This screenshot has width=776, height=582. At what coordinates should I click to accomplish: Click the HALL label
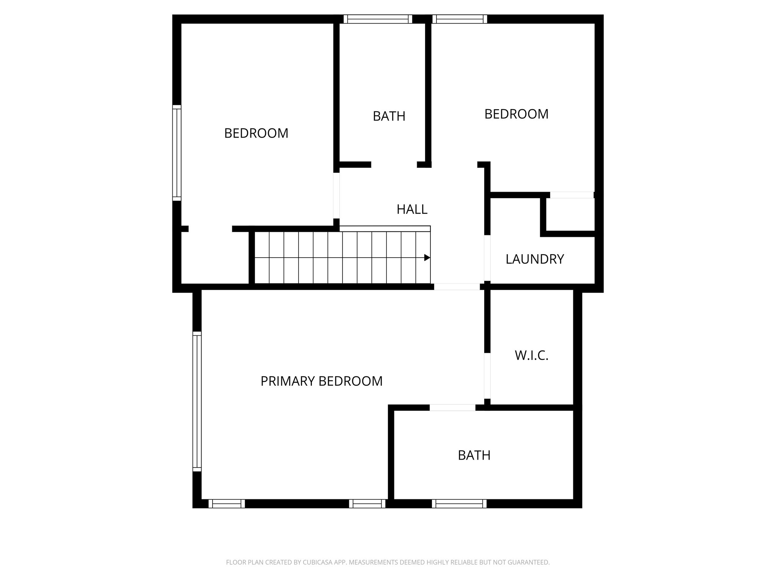412,209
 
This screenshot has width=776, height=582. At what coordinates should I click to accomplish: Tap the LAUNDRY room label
535,259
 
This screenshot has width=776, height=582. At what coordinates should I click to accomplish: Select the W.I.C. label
531,355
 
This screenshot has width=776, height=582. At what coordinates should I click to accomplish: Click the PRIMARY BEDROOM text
321,381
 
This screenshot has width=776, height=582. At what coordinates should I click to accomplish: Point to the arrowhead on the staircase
427,258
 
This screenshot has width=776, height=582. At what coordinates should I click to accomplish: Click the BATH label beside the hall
389,116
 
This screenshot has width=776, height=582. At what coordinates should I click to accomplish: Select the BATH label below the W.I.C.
474,455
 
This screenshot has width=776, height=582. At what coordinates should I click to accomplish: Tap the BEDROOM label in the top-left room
256,133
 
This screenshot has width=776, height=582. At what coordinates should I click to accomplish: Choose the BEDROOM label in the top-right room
516,114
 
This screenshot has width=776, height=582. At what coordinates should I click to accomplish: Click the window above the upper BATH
378,19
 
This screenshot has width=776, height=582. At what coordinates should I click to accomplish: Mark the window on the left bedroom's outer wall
177,153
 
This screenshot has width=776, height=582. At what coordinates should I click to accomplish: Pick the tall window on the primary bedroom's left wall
197,401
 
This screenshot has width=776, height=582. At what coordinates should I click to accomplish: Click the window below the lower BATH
459,504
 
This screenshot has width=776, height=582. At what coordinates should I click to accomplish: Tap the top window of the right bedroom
460,19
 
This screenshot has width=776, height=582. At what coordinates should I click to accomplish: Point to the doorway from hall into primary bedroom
457,287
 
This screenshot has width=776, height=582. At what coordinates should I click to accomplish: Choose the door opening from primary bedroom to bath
452,408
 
